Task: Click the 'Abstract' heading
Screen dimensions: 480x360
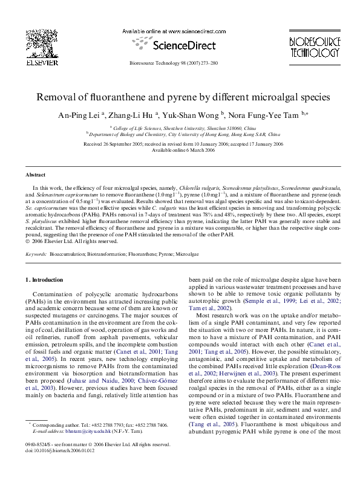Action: (x=35, y=174)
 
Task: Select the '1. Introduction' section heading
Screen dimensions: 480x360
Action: (x=44, y=281)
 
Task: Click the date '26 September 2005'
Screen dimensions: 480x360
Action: (x=119, y=144)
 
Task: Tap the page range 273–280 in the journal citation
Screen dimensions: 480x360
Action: (x=208, y=63)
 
